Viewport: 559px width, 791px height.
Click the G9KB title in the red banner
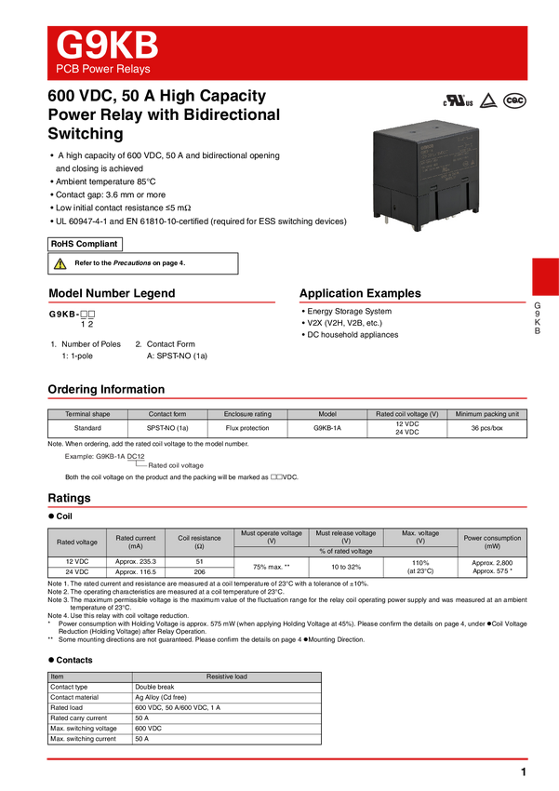click(x=107, y=46)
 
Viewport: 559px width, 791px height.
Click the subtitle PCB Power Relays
click(x=102, y=70)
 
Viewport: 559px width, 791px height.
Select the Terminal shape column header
click(x=87, y=414)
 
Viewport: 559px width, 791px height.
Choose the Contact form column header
click(x=167, y=414)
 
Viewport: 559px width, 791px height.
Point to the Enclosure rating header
click(x=247, y=414)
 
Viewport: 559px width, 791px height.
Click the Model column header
click(x=327, y=414)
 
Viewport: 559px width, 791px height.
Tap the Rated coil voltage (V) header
click(x=406, y=414)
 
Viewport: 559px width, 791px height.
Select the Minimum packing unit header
click(x=487, y=414)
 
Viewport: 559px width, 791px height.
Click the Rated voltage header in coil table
click(x=77, y=542)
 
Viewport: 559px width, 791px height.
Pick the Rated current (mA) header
click(x=136, y=542)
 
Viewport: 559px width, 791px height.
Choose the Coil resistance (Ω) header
click(x=199, y=542)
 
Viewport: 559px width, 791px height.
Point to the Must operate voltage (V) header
click(x=272, y=537)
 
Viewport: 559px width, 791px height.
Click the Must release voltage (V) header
click(x=346, y=537)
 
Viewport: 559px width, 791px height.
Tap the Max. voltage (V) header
click(x=420, y=537)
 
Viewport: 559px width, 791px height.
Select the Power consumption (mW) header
click(x=493, y=542)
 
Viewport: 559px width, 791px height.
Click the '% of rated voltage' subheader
click(x=346, y=552)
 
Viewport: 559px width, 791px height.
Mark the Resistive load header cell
click(x=226, y=677)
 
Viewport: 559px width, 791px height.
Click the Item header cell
click(x=89, y=677)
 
